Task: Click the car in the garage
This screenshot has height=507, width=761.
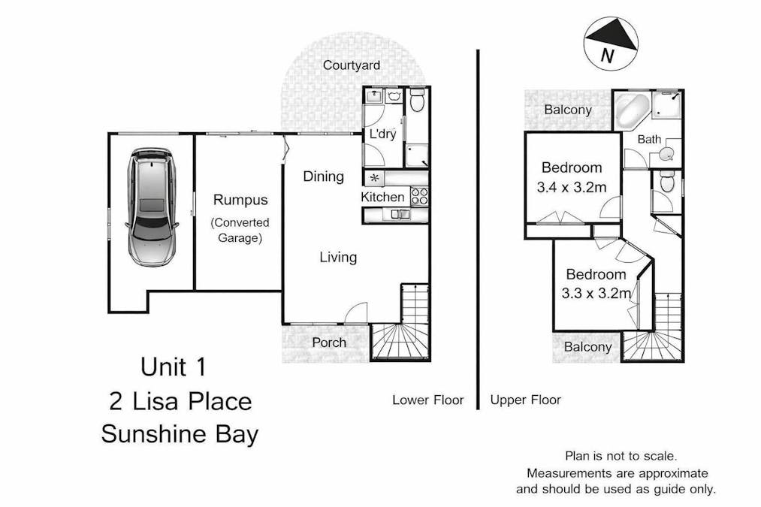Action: [152, 207]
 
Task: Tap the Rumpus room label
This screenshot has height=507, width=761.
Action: [240, 200]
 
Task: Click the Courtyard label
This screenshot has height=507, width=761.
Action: [351, 65]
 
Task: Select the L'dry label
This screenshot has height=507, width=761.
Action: [382, 134]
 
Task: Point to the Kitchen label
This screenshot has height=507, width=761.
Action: [383, 197]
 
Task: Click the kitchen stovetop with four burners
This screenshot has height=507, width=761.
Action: [419, 197]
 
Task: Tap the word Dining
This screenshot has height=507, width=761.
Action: [323, 177]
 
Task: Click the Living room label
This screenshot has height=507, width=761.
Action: [338, 258]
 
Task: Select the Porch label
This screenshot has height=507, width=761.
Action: [329, 343]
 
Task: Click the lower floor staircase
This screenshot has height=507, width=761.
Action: [402, 330]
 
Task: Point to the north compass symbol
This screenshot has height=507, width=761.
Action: [611, 44]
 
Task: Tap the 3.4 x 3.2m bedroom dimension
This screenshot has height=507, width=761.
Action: [572, 188]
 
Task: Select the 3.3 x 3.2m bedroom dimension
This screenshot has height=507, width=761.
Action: [596, 294]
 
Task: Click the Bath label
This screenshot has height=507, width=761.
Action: [648, 140]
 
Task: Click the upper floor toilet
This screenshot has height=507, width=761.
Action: [666, 183]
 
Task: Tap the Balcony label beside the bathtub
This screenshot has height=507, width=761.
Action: [567, 110]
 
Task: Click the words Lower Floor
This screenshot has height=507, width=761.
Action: [427, 400]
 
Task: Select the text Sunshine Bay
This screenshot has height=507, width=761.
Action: [180, 434]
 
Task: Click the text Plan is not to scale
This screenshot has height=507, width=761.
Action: [621, 456]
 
